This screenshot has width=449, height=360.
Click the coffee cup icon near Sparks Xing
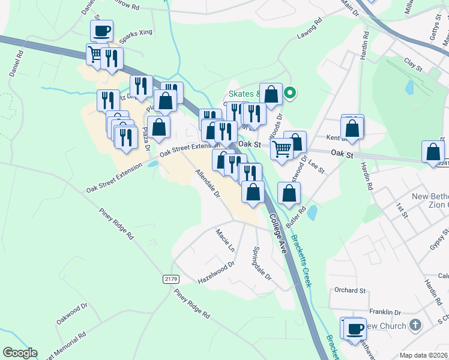coord(101,31)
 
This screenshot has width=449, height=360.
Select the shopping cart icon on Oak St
coord(282,149)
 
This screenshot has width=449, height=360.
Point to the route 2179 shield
coord(170,280)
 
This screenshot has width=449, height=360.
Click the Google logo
coord(20,353)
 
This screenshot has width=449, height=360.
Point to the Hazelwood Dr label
coord(216,273)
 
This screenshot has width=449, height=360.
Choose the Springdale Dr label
coord(262,264)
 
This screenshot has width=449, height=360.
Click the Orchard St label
coord(350,290)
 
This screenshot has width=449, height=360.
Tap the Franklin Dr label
coord(385,312)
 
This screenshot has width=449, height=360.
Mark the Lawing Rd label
coord(309,37)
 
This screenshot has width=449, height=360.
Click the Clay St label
coord(411,61)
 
